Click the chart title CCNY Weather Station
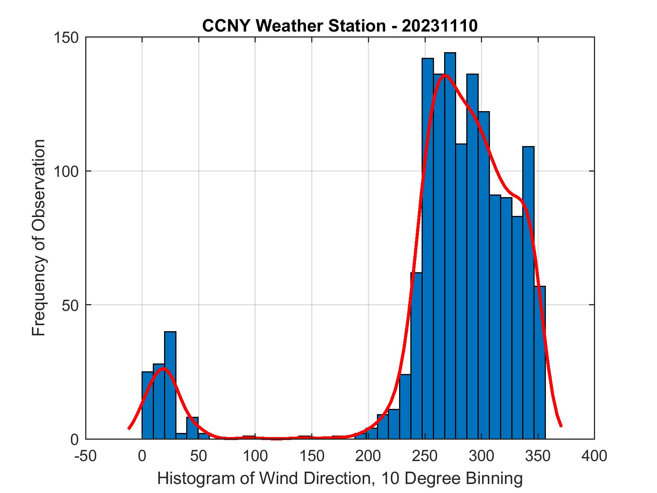[340, 26]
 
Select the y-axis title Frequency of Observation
[39, 238]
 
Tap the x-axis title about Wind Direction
[340, 478]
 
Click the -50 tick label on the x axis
[86, 456]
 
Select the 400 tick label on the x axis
[594, 456]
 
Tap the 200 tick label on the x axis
[368, 456]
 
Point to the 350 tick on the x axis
[538, 456]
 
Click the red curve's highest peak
[445, 75]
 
